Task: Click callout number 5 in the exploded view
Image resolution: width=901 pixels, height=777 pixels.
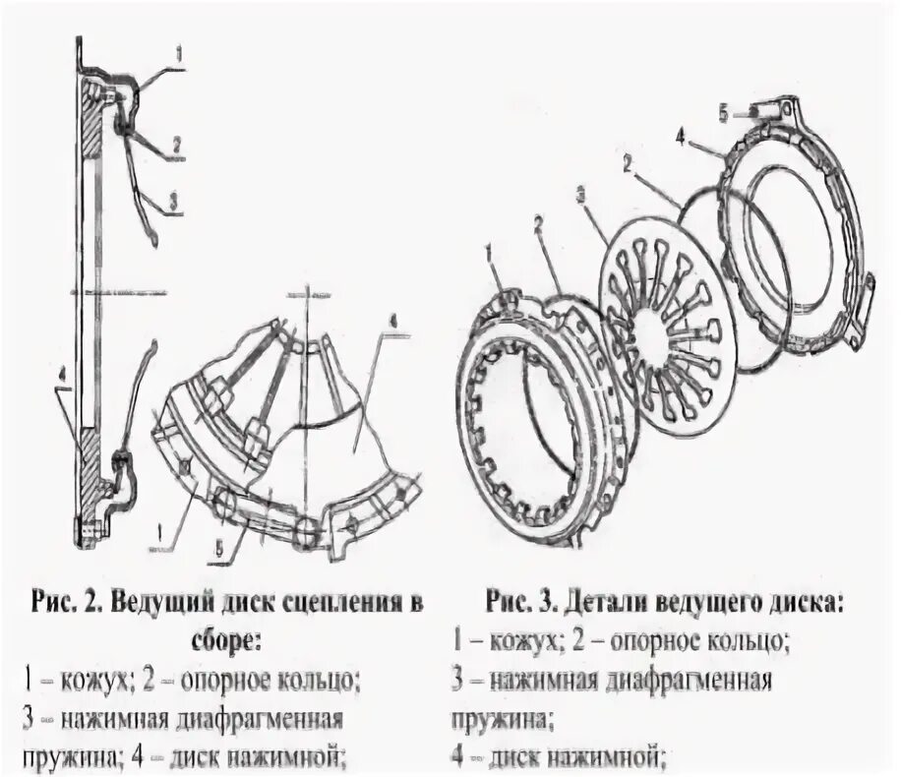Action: pos(724,114)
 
